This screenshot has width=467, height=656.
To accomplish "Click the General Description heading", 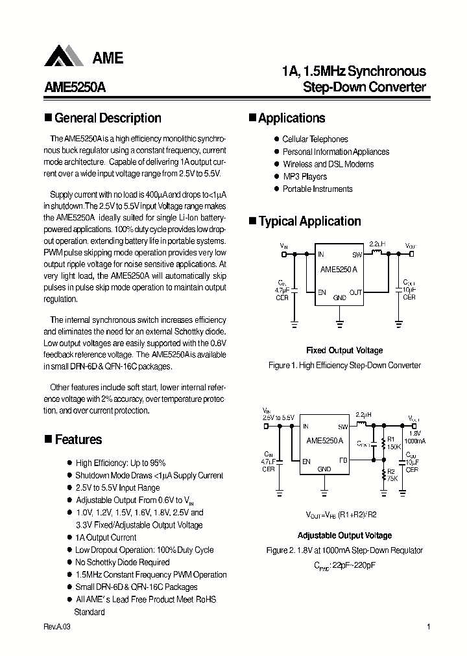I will (107, 118).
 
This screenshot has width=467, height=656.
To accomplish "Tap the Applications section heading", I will (291, 118).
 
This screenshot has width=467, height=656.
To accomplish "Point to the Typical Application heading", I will (309, 221).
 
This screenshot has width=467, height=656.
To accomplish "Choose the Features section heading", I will (78, 439).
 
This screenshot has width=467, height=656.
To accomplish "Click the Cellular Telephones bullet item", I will (315, 139).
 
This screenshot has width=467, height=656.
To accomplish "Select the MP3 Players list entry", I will (304, 176).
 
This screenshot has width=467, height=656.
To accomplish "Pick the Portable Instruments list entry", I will (317, 189).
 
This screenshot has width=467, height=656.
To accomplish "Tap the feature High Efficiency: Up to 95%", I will (121, 463).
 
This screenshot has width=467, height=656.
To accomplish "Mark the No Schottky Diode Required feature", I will (123, 562).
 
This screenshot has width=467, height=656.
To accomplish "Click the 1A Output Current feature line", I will (106, 537).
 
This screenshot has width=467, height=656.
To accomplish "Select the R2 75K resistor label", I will (392, 475).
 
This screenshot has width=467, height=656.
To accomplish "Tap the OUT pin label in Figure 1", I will (356, 292).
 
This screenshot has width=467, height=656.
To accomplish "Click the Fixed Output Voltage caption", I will (344, 351).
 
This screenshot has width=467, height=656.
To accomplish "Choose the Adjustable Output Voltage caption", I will (344, 535).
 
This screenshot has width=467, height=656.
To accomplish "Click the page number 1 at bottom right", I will (429, 627).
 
